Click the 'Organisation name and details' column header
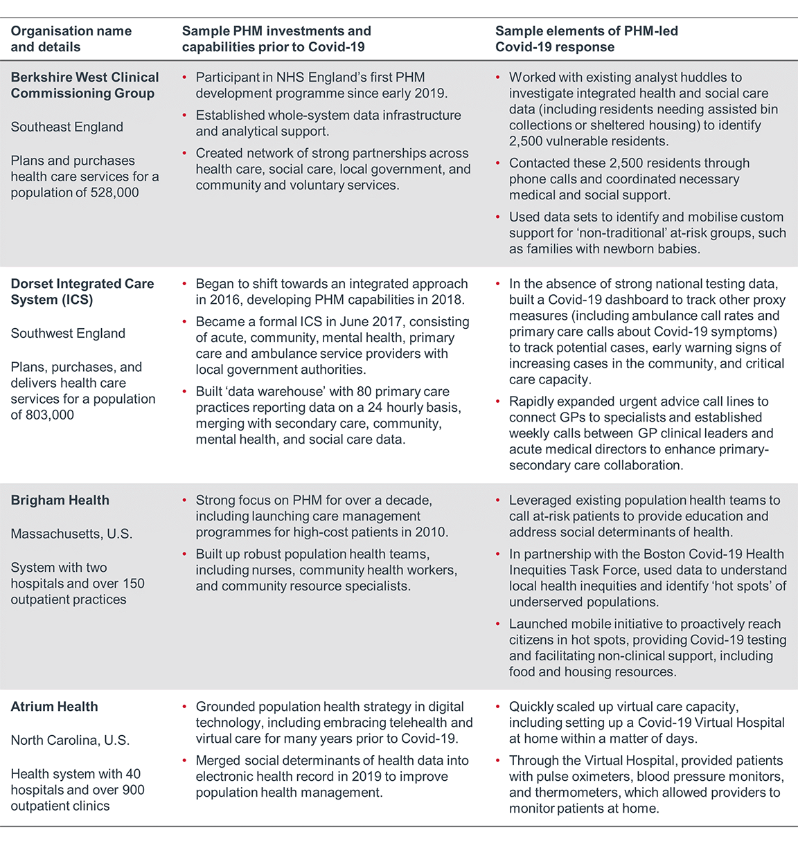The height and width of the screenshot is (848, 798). coord(71,39)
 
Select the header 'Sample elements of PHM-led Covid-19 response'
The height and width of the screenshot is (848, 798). coord(586,39)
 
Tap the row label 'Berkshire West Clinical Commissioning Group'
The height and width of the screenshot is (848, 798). coord(85,85)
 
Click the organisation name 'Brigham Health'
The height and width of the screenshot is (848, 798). coord(60,500)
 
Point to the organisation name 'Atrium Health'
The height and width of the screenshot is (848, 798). coord(54,706)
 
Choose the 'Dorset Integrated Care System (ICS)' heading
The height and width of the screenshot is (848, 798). coord(82,291)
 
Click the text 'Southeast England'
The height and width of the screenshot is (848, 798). coord(66,127)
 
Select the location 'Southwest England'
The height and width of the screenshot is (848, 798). coord(68,333)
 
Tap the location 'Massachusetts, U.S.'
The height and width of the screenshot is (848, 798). coord(71,534)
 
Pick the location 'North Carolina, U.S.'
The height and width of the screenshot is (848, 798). coord(70,740)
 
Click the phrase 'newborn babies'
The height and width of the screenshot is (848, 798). coord(654,249)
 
